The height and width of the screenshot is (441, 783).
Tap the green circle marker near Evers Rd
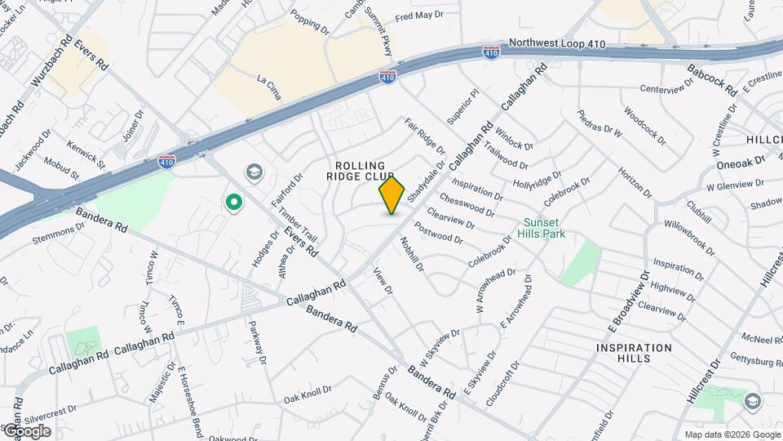point(234,202)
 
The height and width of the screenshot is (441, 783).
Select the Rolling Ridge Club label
point(361,170)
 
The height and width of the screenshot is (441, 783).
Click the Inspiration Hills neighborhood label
point(634,353)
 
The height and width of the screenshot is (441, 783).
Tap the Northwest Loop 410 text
point(557,43)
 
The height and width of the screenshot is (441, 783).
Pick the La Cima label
point(268,88)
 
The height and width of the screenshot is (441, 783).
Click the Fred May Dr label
point(418,16)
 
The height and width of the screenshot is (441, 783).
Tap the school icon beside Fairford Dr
point(254,172)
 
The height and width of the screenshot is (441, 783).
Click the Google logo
point(26,430)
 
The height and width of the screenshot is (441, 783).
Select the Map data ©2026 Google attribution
point(732,434)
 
